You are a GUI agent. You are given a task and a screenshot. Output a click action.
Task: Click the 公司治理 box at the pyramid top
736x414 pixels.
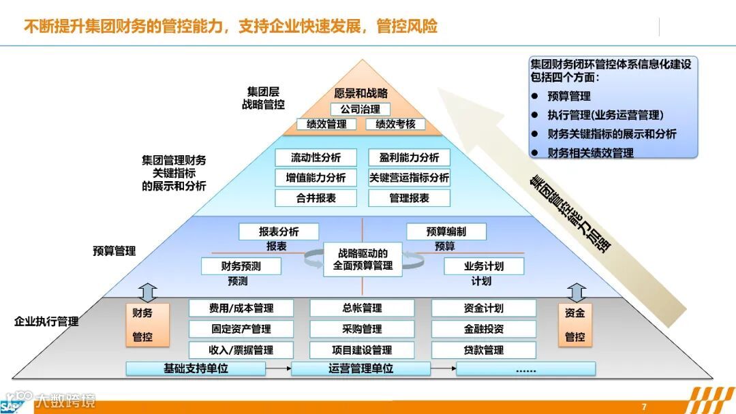[360, 109]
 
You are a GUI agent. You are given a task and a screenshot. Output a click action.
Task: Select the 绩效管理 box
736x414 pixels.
[326, 124]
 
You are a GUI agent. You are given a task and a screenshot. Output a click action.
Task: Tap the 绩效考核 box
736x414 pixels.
[395, 124]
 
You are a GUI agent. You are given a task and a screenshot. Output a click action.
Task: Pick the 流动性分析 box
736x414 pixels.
[316, 157]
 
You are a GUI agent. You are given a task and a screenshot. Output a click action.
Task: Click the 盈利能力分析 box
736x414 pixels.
[409, 157]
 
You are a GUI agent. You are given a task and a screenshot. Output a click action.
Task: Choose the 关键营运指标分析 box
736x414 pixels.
[409, 178]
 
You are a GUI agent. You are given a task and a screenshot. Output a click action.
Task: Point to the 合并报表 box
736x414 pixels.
[316, 198]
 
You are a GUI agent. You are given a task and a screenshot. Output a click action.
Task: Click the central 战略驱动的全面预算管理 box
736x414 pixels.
[363, 259]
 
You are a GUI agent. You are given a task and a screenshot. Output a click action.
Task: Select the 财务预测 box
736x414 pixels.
[241, 266]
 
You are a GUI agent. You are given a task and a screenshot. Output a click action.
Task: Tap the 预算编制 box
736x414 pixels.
[446, 232]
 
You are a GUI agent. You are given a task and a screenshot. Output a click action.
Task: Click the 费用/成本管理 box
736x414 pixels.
[241, 308]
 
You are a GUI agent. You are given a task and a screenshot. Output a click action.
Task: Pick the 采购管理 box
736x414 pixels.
[363, 329]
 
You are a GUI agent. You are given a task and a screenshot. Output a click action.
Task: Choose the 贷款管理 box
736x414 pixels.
[483, 350]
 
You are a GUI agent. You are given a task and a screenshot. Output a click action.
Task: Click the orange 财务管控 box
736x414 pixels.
[142, 325]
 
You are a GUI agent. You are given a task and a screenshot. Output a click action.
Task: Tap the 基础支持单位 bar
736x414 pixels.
[196, 369]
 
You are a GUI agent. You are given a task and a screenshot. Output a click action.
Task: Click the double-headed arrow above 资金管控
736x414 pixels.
[577, 292]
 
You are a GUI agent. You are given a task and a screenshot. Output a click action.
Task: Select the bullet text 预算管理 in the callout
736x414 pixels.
[569, 96]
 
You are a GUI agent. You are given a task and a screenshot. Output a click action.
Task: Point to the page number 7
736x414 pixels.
[644, 407]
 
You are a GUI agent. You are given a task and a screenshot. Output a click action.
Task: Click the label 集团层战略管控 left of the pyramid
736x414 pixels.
[263, 98]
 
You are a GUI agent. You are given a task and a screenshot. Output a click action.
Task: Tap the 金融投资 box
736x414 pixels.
[483, 329]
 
